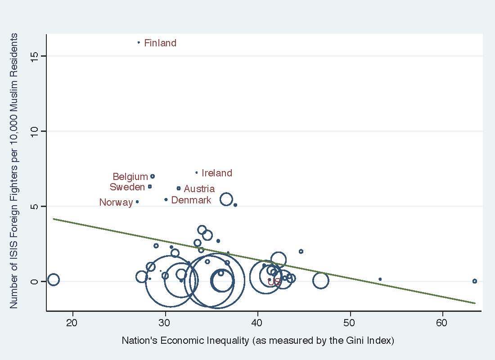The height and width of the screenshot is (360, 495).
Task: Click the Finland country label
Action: [160, 43]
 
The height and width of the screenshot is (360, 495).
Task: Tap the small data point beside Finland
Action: [139, 43]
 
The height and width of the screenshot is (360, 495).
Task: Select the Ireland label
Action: [217, 173]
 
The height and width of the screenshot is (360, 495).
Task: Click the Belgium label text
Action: [130, 177]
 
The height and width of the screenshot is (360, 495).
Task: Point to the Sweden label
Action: [127, 187]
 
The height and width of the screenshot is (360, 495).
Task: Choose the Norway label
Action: [116, 202]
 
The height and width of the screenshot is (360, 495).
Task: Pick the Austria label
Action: [199, 189]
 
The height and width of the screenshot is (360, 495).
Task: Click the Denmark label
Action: [191, 200]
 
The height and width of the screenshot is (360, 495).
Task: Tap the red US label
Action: [274, 282]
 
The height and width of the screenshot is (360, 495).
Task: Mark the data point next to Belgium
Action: [153, 176]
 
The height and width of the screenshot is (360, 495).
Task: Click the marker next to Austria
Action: [179, 188]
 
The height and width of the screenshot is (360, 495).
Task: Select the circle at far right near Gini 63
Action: [474, 281]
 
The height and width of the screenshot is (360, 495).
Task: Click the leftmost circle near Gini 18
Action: [53, 279]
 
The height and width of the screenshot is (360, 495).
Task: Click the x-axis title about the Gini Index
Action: [258, 341]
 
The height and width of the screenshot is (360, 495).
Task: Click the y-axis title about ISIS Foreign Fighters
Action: [14, 171]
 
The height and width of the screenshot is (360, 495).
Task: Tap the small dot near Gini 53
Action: [380, 279]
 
